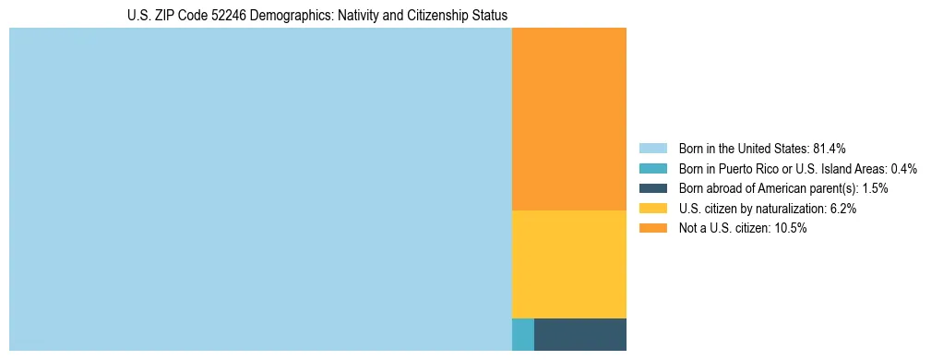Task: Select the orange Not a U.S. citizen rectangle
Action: point(569,119)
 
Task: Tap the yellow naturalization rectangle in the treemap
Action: point(569,264)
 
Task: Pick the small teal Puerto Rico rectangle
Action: point(523,334)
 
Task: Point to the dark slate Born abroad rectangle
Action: point(580,334)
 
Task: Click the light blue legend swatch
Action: point(653,149)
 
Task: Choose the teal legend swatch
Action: point(653,169)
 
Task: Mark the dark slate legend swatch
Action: point(653,188)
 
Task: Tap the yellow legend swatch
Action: point(653,209)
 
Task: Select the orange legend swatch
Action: point(653,229)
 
